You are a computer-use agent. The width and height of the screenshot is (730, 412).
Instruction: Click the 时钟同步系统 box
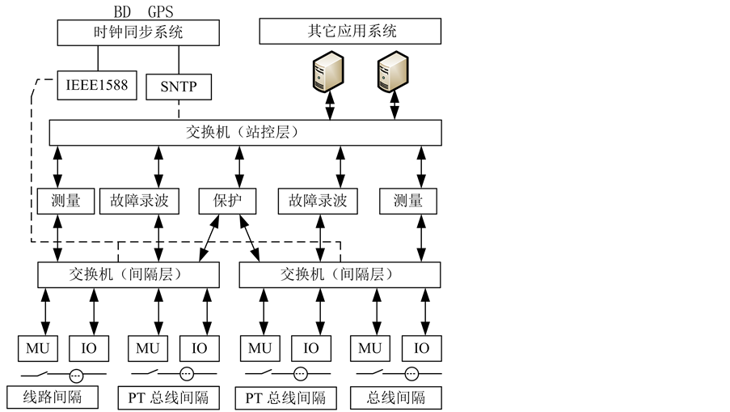coord(138,32)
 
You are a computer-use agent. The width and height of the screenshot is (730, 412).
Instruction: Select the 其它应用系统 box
coord(350,32)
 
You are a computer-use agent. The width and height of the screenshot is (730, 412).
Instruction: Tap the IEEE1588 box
coord(97,85)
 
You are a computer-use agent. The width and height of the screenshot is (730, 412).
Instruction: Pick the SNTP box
coord(179,87)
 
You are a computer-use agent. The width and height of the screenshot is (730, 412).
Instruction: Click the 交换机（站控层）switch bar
coord(245,133)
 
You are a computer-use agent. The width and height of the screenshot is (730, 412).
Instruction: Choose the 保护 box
coord(227,201)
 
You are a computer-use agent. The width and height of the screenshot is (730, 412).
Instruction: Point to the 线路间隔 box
coord(53,397)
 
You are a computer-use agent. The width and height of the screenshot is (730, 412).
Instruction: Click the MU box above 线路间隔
coord(38,348)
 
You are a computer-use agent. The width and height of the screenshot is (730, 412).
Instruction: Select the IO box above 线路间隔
coord(89,348)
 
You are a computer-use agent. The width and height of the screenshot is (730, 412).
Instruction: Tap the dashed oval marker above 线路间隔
coord(76,375)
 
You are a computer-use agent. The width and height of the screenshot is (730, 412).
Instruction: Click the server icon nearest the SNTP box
coord(327,72)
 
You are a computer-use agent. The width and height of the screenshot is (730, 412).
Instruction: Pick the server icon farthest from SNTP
coord(393,72)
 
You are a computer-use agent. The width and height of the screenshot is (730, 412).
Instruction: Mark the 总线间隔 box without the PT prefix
coord(396,397)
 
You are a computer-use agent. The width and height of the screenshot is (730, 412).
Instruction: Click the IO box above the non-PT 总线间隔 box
coord(421,348)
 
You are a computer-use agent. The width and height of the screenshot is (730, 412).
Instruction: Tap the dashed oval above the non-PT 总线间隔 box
coord(411,374)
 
